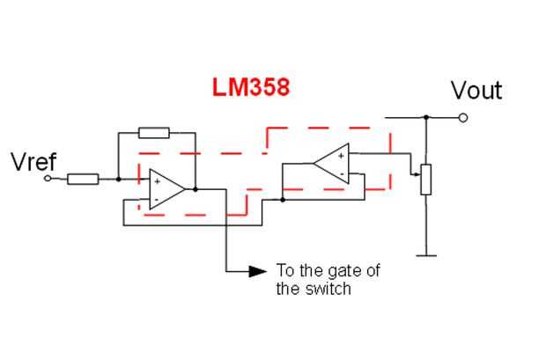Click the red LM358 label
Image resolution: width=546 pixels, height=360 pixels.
pos(251,87)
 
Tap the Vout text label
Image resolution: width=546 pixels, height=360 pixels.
pos(476,91)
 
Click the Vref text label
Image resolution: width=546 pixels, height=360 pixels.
pos(33,162)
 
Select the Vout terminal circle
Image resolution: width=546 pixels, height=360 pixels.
pos(462,118)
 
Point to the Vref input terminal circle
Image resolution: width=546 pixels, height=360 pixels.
pos(48,179)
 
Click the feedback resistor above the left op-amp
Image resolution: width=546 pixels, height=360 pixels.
pos(154,133)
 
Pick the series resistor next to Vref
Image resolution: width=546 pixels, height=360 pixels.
pos(83,179)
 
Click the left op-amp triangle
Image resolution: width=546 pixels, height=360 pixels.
pos(166,189)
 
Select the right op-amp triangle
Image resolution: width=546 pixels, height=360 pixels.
pos(332,164)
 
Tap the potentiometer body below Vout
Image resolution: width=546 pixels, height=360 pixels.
pos(426,180)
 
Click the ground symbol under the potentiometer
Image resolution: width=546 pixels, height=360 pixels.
pos(426,256)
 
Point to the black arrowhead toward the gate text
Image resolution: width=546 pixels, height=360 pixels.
pos(258,271)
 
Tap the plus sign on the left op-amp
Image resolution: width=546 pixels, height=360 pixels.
pos(158,181)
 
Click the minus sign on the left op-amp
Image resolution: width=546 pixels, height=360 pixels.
pos(157,200)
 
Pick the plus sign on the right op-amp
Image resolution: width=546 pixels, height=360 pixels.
pos(341,156)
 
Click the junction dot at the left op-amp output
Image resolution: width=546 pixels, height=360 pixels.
pos(196,189)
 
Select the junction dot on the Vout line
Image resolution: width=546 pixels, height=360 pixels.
pos(426,117)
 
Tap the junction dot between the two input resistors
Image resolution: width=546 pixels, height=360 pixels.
pos(118,179)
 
